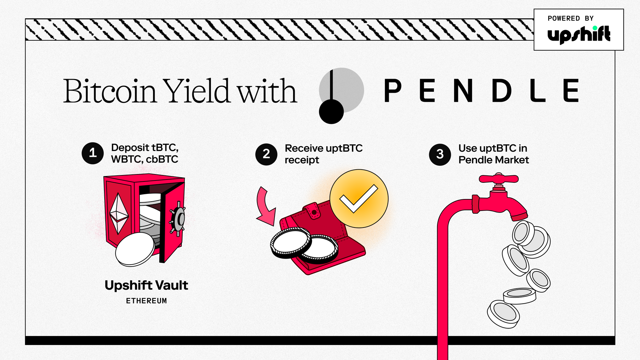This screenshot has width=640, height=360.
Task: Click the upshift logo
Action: click(579, 35)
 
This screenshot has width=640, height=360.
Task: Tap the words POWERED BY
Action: click(571, 19)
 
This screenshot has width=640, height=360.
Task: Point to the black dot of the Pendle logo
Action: click(331, 112)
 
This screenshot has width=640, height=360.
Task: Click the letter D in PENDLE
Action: click(501, 91)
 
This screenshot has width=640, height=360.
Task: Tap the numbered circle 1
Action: click(93, 153)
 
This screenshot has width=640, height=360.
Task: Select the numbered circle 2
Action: click(266, 154)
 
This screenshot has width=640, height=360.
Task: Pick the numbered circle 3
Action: click(440, 154)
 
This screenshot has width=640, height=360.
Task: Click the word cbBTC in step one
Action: click(162, 159)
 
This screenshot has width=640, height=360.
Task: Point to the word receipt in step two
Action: click(302, 160)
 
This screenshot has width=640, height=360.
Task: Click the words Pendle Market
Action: click(493, 160)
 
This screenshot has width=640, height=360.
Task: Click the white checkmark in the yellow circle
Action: click(359, 198)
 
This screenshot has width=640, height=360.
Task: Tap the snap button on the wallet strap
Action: click(314, 212)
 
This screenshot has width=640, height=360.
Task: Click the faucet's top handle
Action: click(499, 178)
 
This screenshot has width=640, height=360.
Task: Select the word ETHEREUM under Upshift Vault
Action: click(147, 301)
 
